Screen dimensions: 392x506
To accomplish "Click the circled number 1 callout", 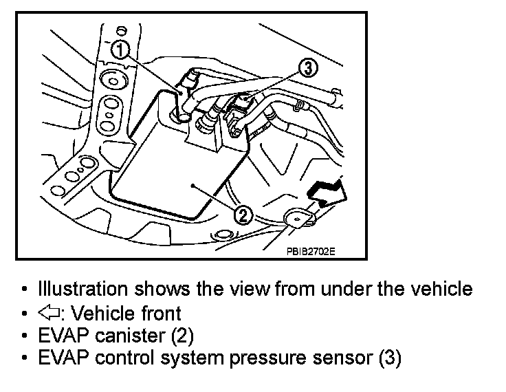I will point(120,49).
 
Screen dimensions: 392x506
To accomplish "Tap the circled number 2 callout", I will point(243,216).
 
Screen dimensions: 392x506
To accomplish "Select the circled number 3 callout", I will point(309,67).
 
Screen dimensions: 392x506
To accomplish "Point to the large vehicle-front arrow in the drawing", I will point(327,190).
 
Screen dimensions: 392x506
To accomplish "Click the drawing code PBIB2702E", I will point(310,251).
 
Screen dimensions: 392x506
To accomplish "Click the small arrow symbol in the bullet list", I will point(50,314).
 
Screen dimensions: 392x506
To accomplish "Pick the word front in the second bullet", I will point(160,314).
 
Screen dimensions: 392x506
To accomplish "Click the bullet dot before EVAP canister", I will point(25,337).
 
